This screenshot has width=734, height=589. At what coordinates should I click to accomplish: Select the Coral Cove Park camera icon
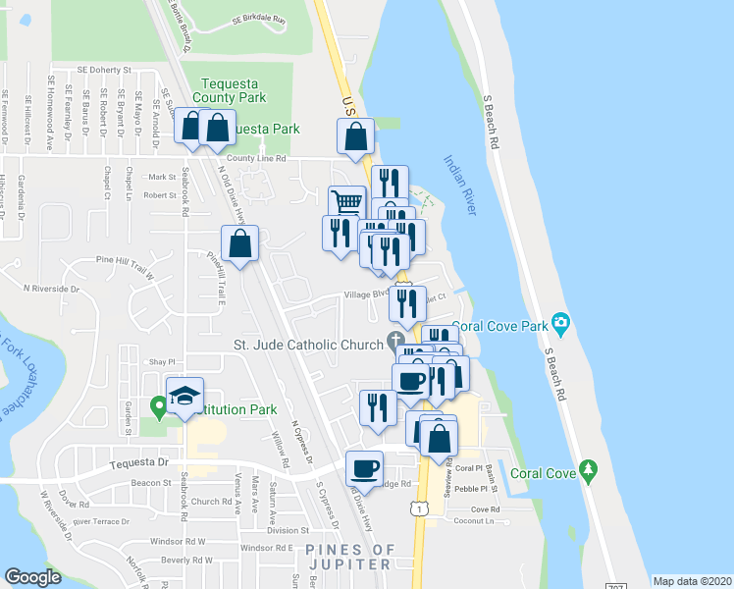pyautogui.click(x=560, y=322)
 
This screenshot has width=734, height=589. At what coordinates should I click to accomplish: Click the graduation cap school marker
pyautogui.click(x=184, y=396)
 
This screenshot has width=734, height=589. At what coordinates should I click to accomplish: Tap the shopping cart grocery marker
pyautogui.click(x=346, y=204)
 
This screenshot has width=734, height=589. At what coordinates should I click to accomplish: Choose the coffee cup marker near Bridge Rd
pyautogui.click(x=365, y=468)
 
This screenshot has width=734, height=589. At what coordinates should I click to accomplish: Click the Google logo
pyautogui.click(x=32, y=577)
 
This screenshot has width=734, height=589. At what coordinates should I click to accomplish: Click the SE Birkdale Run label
pyautogui.click(x=258, y=20)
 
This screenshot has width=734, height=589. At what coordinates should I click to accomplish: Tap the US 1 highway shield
pyautogui.click(x=419, y=509)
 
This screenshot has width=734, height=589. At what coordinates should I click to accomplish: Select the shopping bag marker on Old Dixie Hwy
pyautogui.click(x=239, y=243)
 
